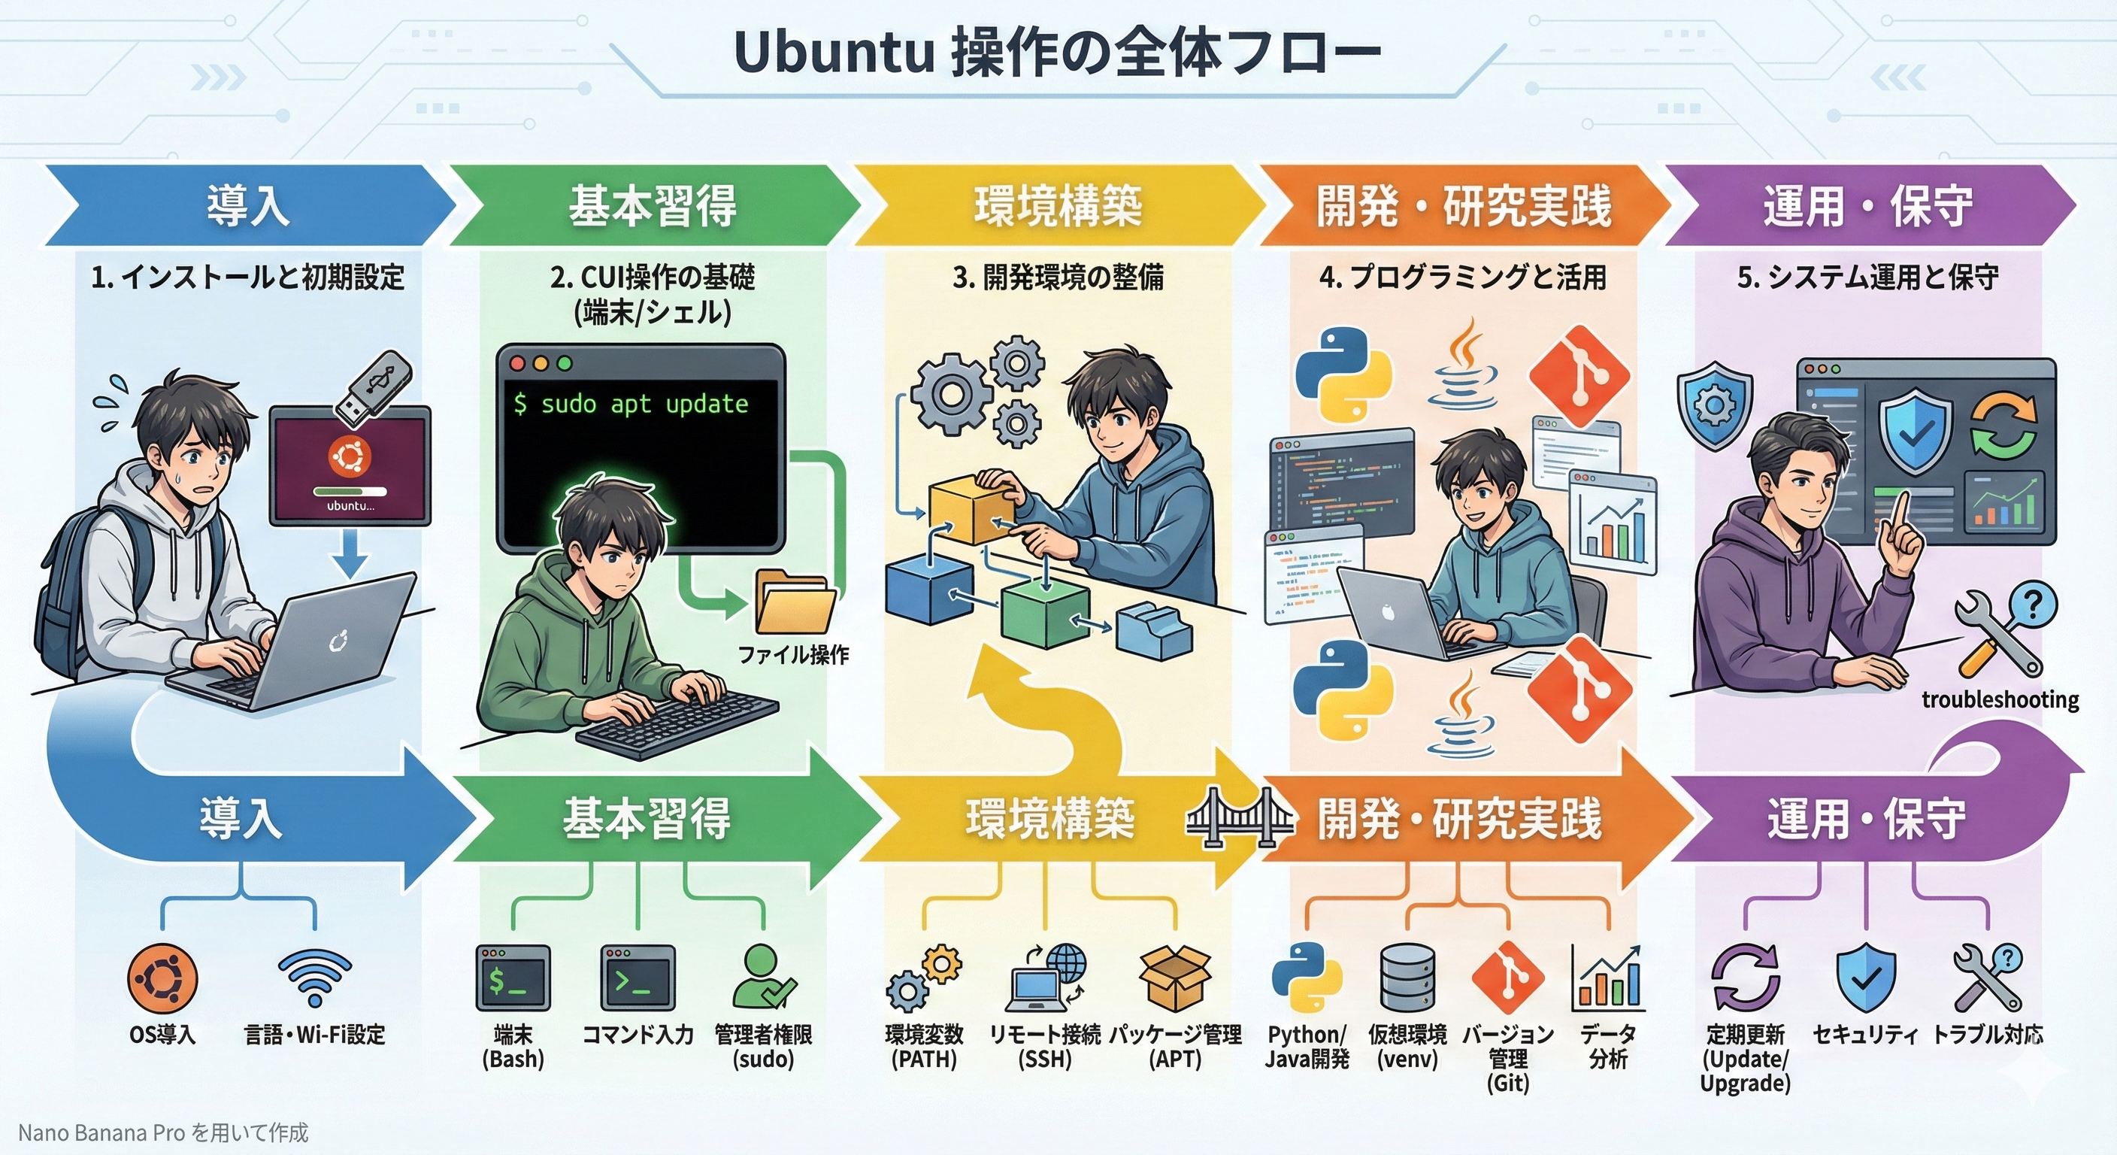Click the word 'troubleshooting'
click(x=2000, y=700)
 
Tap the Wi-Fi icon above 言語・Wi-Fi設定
click(x=315, y=978)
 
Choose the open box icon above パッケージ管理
click(x=1175, y=978)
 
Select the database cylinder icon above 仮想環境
click(x=1407, y=978)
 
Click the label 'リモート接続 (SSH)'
click(x=1044, y=1046)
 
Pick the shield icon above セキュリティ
click(x=1865, y=978)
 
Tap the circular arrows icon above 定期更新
click(x=1745, y=978)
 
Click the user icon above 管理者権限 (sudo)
click(x=762, y=977)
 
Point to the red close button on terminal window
click(x=517, y=363)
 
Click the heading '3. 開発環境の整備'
click(x=1058, y=278)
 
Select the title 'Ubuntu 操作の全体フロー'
click(x=1058, y=53)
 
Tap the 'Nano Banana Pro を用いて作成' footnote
click(x=162, y=1132)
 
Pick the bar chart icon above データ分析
click(x=1607, y=978)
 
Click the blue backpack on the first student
click(x=62, y=592)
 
